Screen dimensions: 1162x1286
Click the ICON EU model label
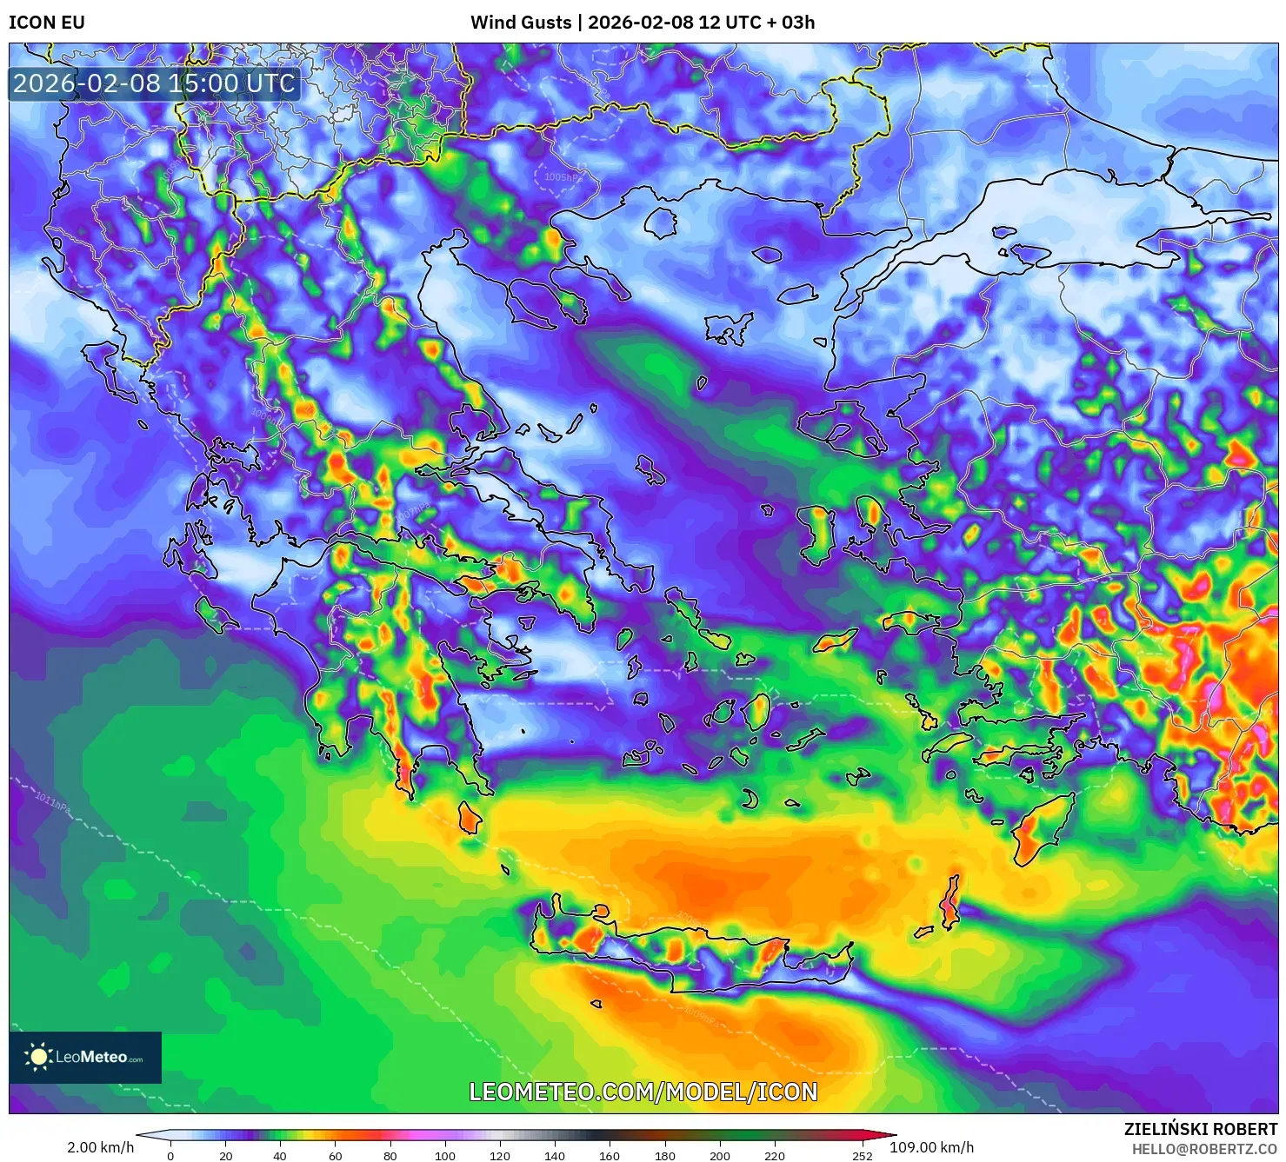pos(47,23)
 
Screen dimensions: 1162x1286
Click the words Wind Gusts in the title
pos(521,23)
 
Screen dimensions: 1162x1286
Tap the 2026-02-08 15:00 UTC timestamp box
pos(154,83)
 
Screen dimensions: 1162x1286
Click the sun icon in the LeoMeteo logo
pos(38,1057)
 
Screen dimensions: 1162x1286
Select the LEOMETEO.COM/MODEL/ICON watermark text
pos(643,1092)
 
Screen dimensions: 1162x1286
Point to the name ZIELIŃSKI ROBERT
pos(1201,1129)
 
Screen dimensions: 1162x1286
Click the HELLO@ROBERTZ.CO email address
pos(1204,1149)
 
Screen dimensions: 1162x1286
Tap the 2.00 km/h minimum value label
pos(100,1147)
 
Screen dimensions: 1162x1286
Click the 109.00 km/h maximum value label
pos(931,1147)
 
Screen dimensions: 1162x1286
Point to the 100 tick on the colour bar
pos(445,1156)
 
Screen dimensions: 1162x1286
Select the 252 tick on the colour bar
pos(863,1156)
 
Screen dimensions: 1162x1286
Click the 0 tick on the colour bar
pos(170,1156)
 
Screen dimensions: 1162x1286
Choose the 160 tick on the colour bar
pos(610,1156)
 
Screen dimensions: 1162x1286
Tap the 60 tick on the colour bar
pos(336,1156)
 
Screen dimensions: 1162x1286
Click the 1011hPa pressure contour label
pos(52,799)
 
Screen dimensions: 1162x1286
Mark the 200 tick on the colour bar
pos(719,1156)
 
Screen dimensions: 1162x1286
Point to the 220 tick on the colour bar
pos(774,1156)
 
